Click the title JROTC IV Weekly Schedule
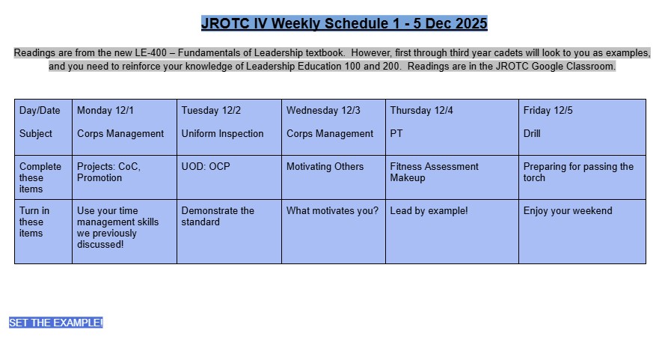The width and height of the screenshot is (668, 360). (344, 24)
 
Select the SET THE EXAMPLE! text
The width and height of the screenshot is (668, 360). (56, 323)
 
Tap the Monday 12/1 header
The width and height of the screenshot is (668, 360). (105, 111)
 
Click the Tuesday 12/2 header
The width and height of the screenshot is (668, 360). (211, 111)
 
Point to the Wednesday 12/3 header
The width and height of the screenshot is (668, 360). (323, 111)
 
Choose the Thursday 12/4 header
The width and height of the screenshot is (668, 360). (421, 111)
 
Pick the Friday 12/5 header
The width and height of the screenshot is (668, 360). (548, 111)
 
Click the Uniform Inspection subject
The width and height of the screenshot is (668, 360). (222, 134)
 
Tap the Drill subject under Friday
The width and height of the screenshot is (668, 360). (532, 134)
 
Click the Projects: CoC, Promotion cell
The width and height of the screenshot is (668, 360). (108, 172)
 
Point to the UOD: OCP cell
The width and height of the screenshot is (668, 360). (205, 167)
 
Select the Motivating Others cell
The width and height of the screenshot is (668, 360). (325, 167)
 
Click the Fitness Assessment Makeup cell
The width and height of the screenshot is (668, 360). (434, 172)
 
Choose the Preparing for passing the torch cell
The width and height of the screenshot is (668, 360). (578, 172)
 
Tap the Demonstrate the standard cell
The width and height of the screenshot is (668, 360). (218, 216)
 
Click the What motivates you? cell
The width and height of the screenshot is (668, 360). (332, 211)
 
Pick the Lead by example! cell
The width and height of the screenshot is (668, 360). (429, 211)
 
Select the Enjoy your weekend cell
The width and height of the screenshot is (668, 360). (568, 211)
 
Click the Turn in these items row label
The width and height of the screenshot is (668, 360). (34, 222)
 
